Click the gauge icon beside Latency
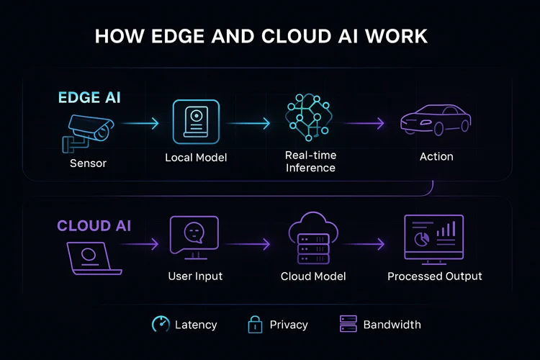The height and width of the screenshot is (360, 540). [x=161, y=324]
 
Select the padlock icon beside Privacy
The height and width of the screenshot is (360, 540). [x=256, y=324]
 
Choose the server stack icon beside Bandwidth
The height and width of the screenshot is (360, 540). [x=348, y=324]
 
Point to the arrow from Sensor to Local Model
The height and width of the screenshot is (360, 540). [x=140, y=125]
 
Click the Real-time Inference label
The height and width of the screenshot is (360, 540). [x=310, y=162]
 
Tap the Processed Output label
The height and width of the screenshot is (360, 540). [x=434, y=276]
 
